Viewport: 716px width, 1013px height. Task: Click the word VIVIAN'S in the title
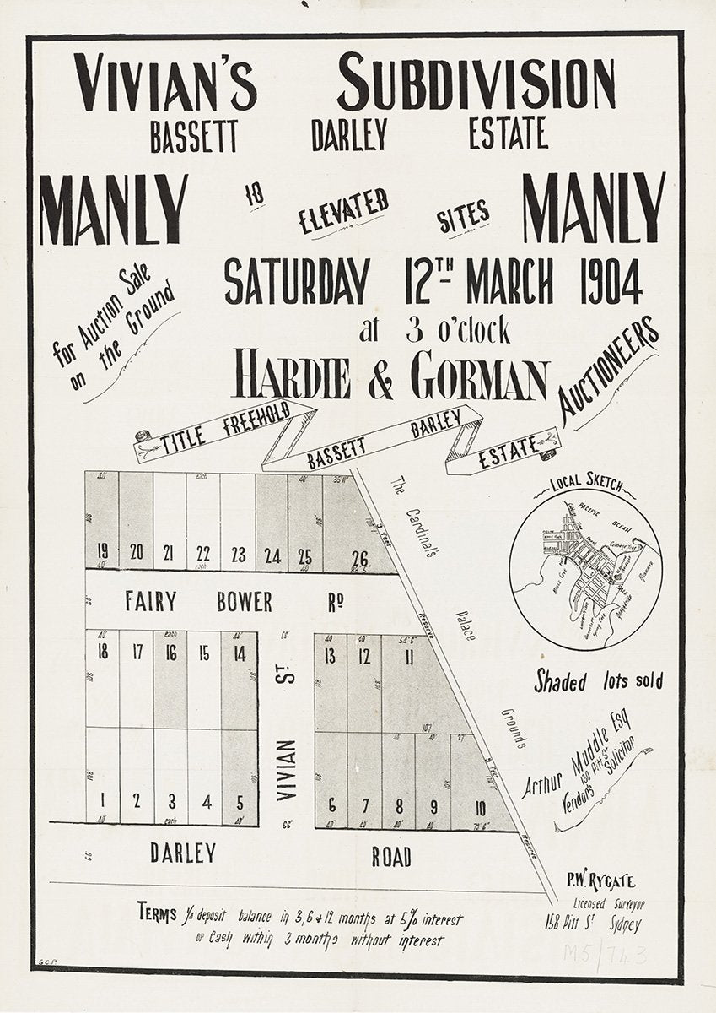click(164, 83)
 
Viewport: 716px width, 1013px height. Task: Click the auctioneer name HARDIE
click(292, 377)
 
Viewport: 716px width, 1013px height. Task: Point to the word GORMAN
click(480, 379)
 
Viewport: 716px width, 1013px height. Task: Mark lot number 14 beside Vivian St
click(240, 653)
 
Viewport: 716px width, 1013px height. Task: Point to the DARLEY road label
click(183, 853)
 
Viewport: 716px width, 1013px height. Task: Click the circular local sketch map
click(585, 570)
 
